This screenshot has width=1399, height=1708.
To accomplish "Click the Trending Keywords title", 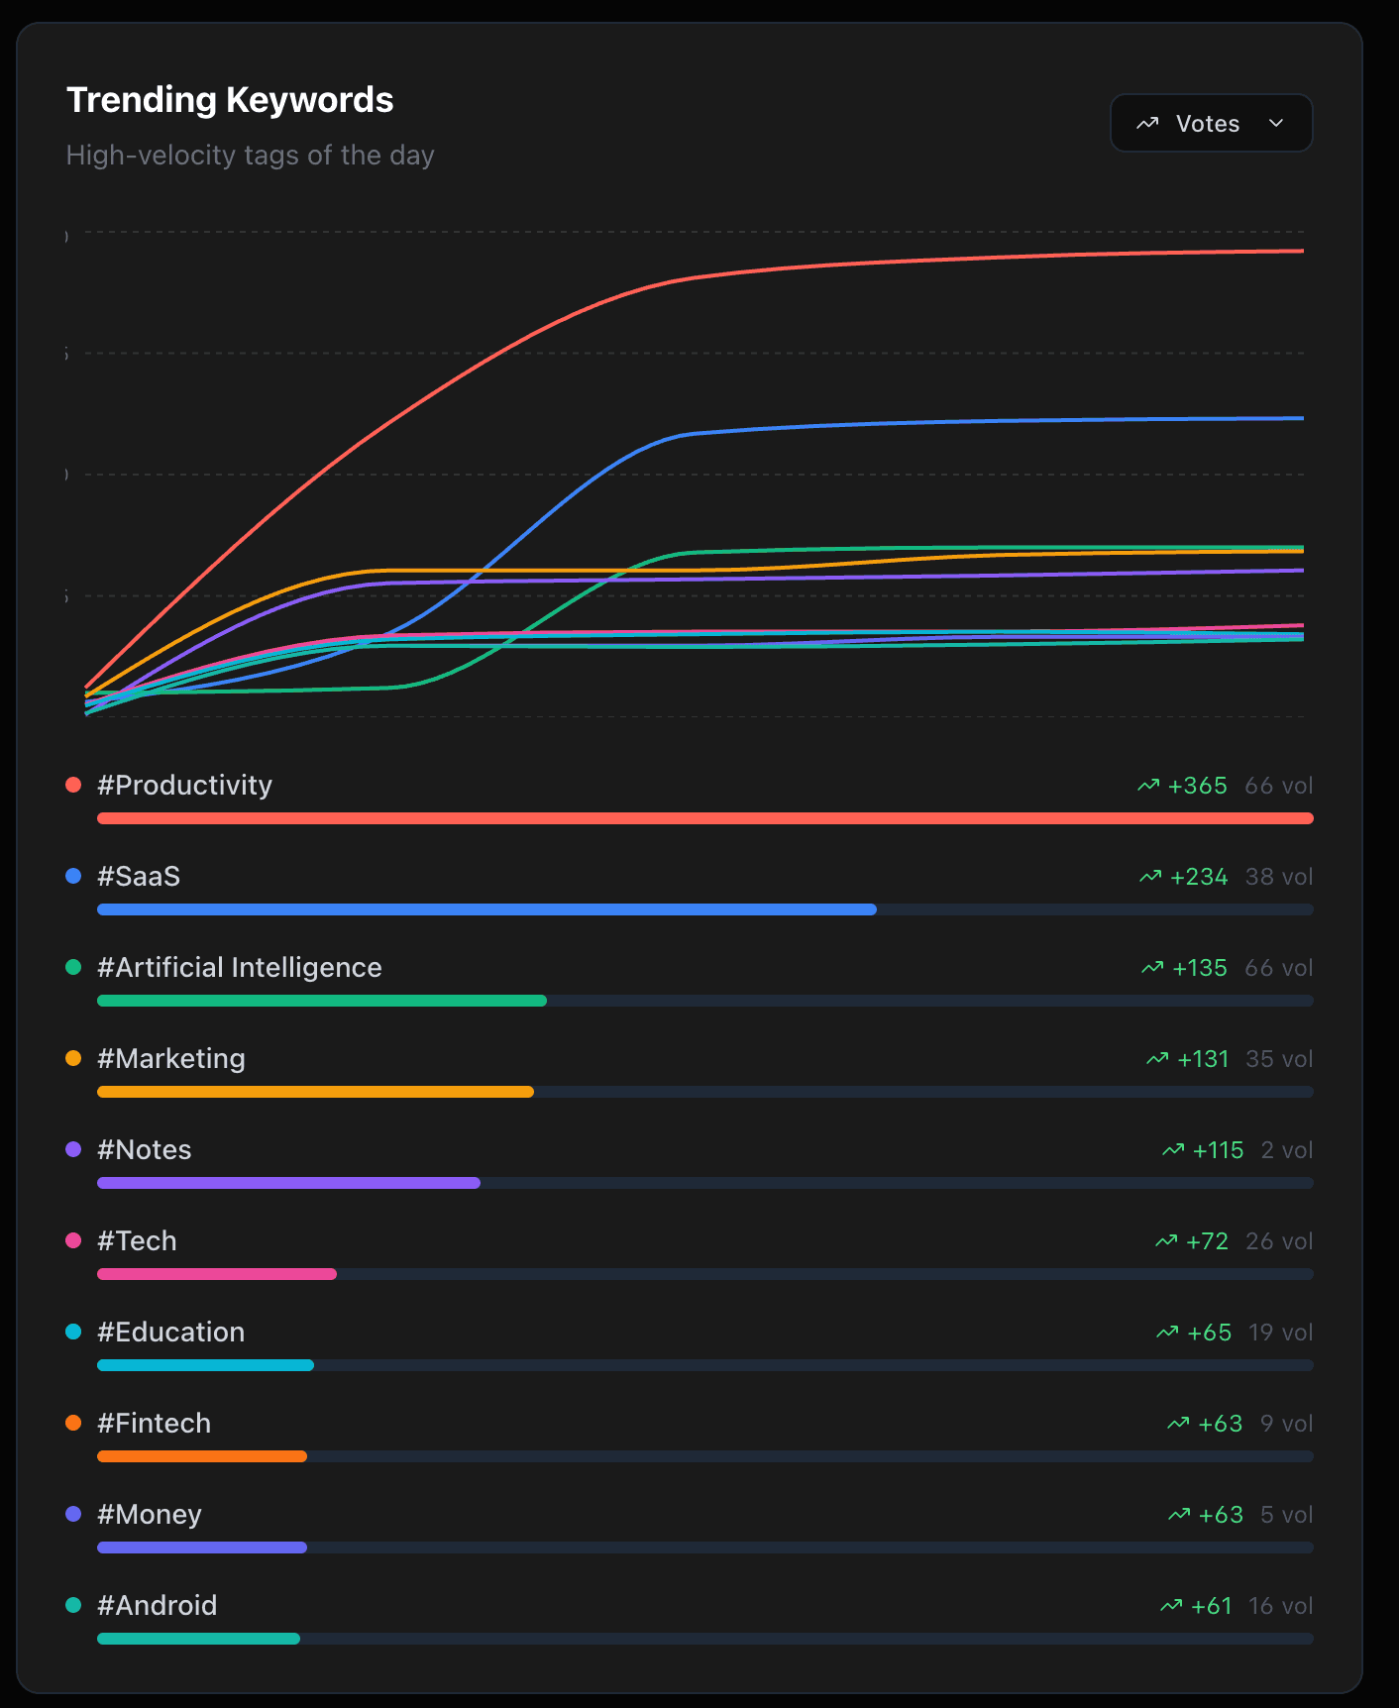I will pyautogui.click(x=230, y=100).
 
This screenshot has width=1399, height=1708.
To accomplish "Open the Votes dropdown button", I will pyautogui.click(x=1211, y=124).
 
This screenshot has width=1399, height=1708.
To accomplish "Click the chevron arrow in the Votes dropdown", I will pyautogui.click(x=1276, y=124).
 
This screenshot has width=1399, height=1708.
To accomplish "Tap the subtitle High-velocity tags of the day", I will pyautogui.click(x=250, y=156).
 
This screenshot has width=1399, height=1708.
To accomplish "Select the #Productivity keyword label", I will pyautogui.click(x=184, y=786).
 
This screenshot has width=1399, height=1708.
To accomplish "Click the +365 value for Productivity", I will pyautogui.click(x=1197, y=786).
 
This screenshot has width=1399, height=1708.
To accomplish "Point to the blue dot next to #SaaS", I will pyautogui.click(x=73, y=877).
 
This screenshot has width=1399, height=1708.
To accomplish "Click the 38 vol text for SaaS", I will pyautogui.click(x=1278, y=877).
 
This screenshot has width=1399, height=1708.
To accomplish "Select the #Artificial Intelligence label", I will pyautogui.click(x=239, y=968).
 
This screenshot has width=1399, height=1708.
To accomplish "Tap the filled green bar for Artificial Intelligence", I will pyautogui.click(x=321, y=1001).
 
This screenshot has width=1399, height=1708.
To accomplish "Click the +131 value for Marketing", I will pyautogui.click(x=1202, y=1059).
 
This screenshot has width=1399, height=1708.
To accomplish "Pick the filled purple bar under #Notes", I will pyautogui.click(x=288, y=1183).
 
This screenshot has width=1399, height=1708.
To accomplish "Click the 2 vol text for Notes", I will pyautogui.click(x=1286, y=1150).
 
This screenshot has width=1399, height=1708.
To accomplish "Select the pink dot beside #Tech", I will pyautogui.click(x=73, y=1241).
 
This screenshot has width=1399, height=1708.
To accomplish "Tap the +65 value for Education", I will pyautogui.click(x=1209, y=1333).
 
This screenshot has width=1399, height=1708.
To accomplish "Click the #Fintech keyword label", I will pyautogui.click(x=154, y=1424).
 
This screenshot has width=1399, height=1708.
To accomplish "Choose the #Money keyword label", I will pyautogui.click(x=150, y=1515).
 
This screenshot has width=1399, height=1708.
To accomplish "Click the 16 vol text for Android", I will pyautogui.click(x=1280, y=1606).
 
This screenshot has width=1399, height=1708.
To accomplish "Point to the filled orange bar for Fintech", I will pyautogui.click(x=202, y=1456).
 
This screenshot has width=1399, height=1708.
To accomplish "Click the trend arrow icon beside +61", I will pyautogui.click(x=1171, y=1606).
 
